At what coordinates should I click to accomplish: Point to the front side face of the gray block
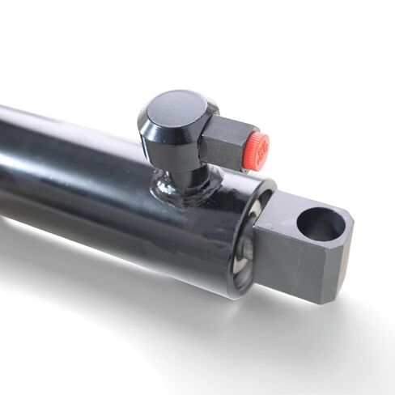click(291, 267)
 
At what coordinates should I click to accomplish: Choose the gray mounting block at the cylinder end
click(304, 251)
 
